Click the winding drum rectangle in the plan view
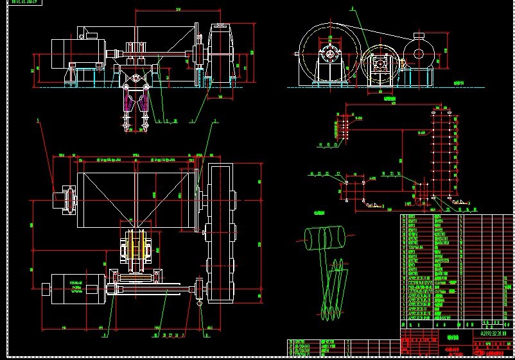pyautogui.click(x=135, y=194)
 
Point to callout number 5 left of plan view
pyautogui.click(x=39, y=120)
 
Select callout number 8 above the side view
pyautogui.click(x=352, y=9)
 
